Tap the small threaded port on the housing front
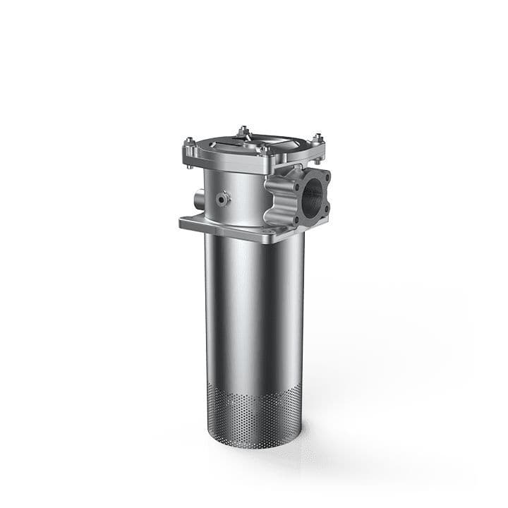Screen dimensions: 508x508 [224, 200]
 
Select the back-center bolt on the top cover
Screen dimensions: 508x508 [243, 131]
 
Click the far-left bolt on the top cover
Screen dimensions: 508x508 [188, 145]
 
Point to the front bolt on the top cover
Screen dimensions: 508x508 [265, 150]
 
